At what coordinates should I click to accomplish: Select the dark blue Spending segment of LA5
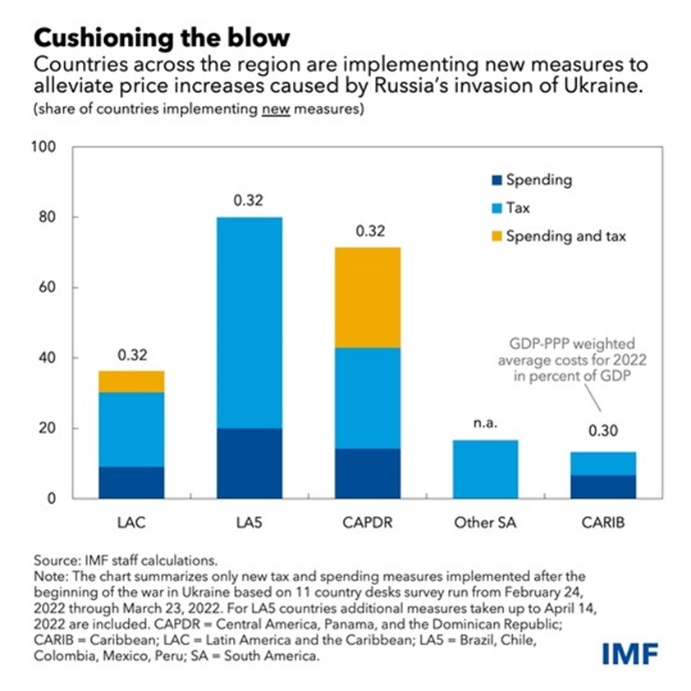249,463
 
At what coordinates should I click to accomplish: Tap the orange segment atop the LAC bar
131,382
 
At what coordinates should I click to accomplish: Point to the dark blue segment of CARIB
603,487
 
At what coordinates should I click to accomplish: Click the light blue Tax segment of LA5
249,323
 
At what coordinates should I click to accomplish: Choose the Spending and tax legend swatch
491,236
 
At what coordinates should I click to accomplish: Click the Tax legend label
519,208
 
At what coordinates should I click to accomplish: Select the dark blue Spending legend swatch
491,180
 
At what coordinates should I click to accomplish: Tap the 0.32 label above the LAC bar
131,355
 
